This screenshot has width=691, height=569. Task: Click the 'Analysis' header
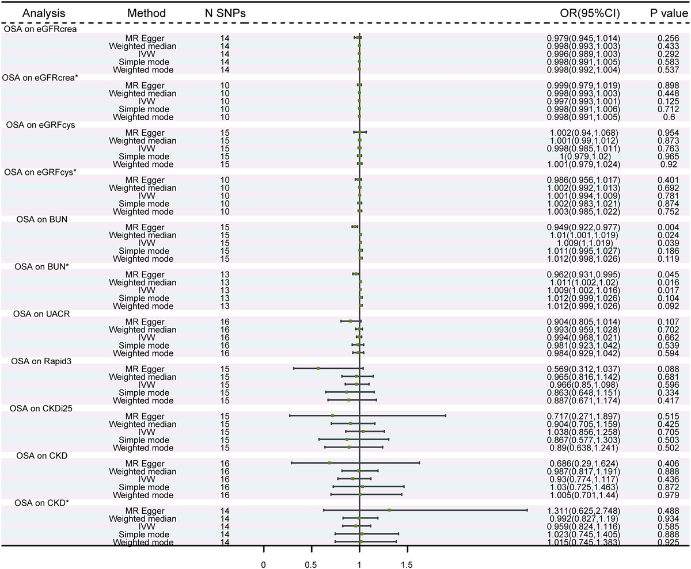tap(33, 13)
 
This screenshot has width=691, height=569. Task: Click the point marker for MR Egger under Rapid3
tap(318, 368)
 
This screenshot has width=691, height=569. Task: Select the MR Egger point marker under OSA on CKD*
tap(390, 510)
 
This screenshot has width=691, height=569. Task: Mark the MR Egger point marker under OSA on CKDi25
tap(333, 415)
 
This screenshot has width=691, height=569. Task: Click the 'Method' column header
tap(146, 13)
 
